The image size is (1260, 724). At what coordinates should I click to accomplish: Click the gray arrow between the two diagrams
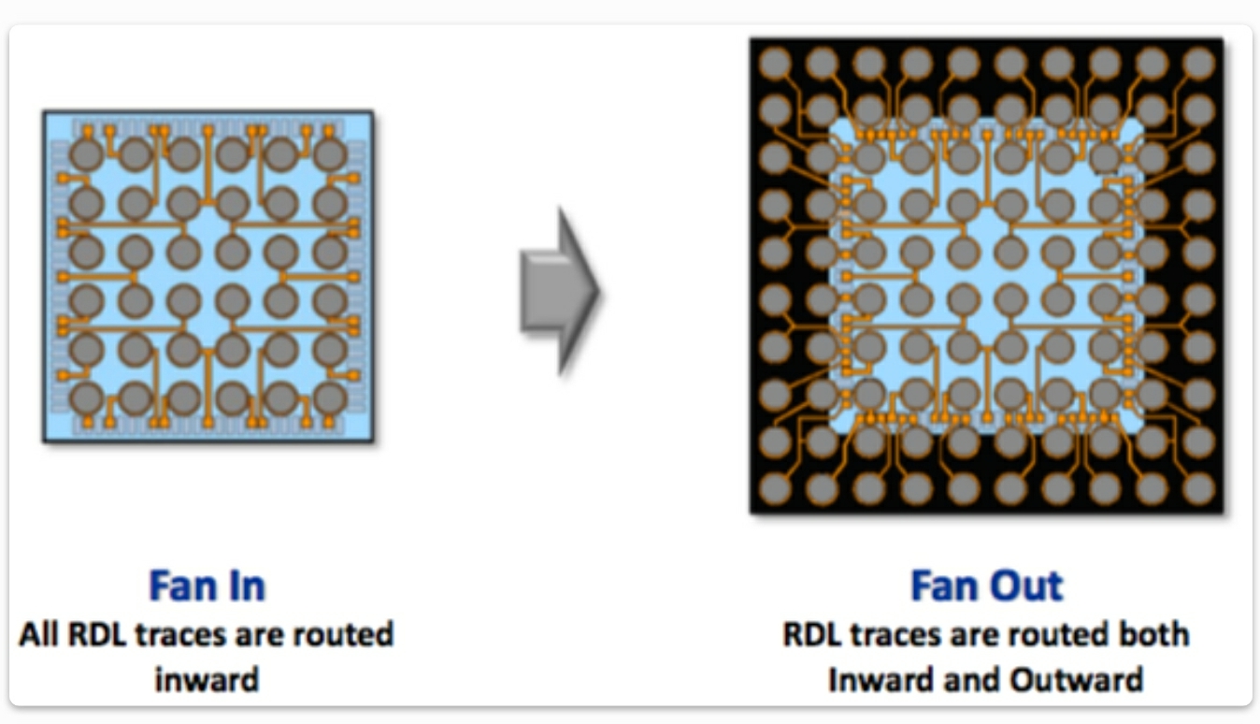[559, 292]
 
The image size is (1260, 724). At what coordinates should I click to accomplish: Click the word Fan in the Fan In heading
[181, 586]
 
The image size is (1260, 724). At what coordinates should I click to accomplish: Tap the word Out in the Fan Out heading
[1026, 586]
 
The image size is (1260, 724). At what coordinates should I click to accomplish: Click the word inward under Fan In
[207, 678]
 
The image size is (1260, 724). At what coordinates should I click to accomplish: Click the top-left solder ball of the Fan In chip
[87, 154]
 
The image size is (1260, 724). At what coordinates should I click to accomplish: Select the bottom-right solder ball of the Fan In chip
[330, 398]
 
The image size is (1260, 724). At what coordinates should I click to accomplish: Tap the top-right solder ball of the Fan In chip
[330, 154]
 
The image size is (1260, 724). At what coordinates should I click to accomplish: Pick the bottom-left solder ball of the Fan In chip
[87, 398]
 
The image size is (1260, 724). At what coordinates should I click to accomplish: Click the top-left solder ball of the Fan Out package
[775, 64]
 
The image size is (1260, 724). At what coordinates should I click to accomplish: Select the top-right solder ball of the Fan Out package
[1198, 64]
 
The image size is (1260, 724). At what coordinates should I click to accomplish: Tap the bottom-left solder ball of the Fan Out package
[775, 487]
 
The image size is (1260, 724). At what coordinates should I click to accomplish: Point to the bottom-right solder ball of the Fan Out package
[1198, 487]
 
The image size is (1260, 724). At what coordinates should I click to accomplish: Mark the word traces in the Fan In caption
[171, 634]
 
